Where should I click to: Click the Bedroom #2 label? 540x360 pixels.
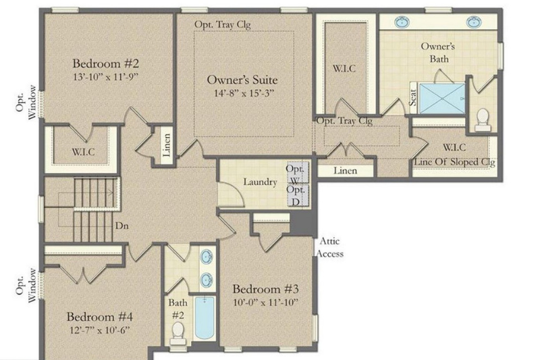[106, 63]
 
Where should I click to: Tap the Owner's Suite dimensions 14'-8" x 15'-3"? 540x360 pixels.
[244, 93]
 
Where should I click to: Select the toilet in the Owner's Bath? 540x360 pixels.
[483, 120]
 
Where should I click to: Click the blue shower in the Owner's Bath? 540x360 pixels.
[442, 99]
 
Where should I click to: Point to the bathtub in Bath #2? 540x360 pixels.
[205, 317]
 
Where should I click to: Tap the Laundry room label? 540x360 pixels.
[260, 182]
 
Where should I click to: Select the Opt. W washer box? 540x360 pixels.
[298, 173]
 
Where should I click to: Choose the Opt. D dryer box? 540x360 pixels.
[298, 195]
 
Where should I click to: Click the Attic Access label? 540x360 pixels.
[330, 247]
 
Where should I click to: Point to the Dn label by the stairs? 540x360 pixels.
[122, 226]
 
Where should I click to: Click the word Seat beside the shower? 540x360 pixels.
[413, 97]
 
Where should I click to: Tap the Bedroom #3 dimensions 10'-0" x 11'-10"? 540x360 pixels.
[265, 303]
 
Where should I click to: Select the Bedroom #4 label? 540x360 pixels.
[100, 317]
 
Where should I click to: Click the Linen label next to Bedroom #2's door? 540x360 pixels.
[166, 145]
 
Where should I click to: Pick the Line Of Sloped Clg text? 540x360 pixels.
[454, 162]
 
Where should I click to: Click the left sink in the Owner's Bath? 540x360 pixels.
[402, 22]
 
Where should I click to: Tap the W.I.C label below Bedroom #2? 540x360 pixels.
[83, 151]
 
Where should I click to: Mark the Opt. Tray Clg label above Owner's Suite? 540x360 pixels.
[223, 24]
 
